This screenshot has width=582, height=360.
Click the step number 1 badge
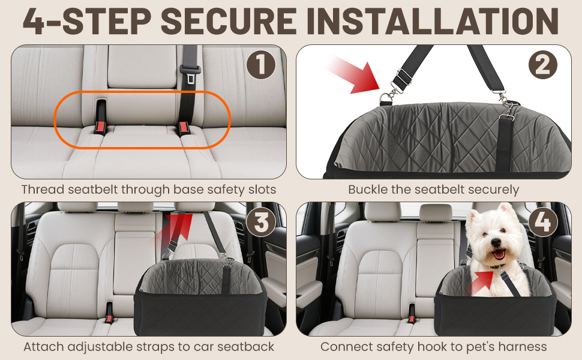tap(261, 65)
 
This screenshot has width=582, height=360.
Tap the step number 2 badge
tap(543, 65)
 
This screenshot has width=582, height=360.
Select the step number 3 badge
tap(262, 223)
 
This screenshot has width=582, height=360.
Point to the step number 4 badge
tap(543, 223)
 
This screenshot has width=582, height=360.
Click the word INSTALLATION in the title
tap(433, 21)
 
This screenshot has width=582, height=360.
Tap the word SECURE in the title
tap(229, 21)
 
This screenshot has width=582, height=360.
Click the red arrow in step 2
tap(353, 75)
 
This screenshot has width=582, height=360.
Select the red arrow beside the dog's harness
tap(479, 281)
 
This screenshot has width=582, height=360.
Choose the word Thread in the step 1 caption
tap(43, 190)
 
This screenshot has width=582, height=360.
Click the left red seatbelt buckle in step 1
tap(100, 128)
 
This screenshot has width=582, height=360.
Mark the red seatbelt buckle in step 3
tap(109, 319)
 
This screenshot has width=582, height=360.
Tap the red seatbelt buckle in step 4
tap(411, 319)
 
